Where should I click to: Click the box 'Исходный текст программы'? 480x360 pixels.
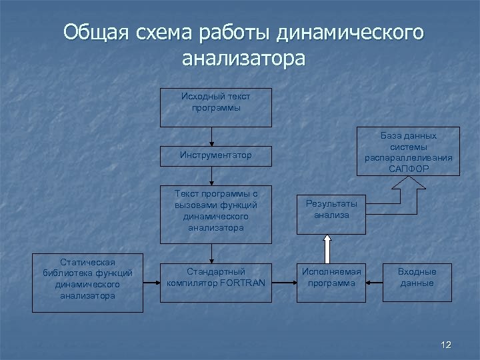coord(215,107)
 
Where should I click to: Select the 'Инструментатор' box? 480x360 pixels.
coord(215,155)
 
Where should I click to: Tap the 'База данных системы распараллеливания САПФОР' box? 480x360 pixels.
coord(408,151)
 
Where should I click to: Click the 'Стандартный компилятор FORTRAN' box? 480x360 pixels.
coord(215,277)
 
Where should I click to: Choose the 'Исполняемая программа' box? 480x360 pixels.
coord(331,277)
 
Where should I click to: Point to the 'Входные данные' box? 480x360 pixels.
coord(417,277)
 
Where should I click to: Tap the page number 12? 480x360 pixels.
coord(446,345)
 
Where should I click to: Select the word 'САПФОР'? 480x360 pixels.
coord(408,169)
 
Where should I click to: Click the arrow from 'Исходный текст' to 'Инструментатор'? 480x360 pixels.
coord(211,136)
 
